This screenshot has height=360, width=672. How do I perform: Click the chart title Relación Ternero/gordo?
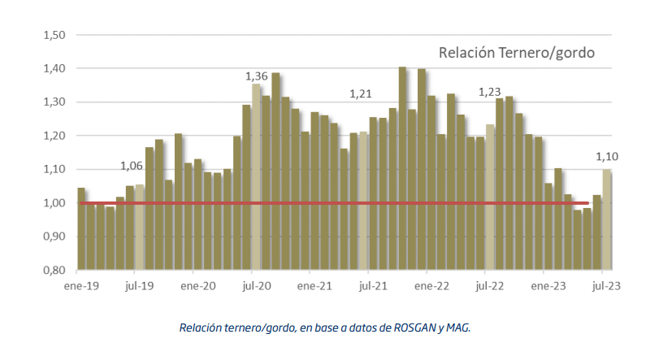[517, 53]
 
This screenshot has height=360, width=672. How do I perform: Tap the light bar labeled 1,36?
[256, 176]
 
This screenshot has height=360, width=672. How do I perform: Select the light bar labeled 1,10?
[606, 219]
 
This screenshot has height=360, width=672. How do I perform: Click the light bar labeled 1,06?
[139, 228]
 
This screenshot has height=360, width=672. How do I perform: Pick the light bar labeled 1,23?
[490, 197]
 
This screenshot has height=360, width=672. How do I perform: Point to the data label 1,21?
[361, 93]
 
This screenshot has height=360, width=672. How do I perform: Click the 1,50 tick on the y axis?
[54, 35]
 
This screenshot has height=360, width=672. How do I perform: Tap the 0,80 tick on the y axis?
[54, 270]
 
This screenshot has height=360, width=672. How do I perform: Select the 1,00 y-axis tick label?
[54, 203]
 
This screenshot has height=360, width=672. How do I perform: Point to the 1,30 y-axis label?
[54, 102]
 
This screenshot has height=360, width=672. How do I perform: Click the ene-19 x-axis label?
[81, 286]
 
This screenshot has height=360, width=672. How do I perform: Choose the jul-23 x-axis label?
[606, 286]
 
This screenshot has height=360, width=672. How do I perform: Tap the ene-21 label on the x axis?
[314, 286]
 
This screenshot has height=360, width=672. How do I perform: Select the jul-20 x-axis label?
[257, 286]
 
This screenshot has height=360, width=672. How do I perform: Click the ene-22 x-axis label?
[431, 286]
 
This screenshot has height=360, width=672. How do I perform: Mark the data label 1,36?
[256, 76]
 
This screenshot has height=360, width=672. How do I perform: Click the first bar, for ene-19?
[81, 229]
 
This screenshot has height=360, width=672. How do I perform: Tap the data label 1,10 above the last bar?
[607, 157]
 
